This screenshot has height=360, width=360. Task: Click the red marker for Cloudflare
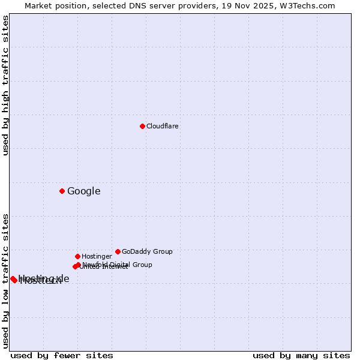click(142, 126)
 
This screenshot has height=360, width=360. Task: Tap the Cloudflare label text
click(163, 126)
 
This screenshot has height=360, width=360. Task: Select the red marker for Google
click(62, 191)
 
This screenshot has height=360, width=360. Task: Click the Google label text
click(84, 191)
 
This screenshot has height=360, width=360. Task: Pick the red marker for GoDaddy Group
click(118, 251)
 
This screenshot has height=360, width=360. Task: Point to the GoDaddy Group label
click(147, 251)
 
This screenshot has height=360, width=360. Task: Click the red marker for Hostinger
click(77, 256)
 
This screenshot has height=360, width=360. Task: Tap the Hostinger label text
click(97, 256)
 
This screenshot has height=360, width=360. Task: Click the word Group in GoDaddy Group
click(162, 251)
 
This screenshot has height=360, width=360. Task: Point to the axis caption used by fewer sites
click(62, 355)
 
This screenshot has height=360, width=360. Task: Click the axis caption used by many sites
click(301, 355)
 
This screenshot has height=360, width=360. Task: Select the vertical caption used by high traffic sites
click(5, 85)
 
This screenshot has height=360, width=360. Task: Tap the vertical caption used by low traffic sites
click(5, 281)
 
